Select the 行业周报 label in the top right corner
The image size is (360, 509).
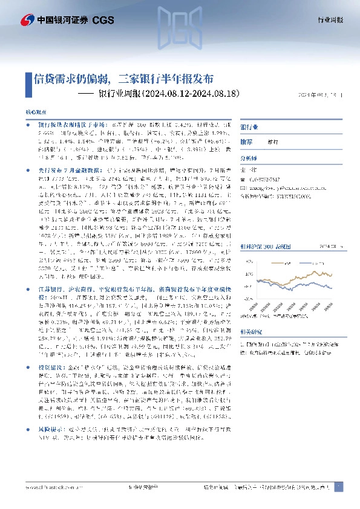coord(330,20)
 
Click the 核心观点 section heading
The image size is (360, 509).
coord(34,112)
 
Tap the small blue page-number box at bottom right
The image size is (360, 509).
coord(341,487)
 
